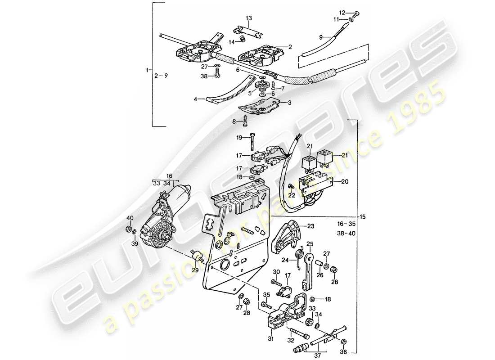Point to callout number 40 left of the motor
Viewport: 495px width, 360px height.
(x=130, y=218)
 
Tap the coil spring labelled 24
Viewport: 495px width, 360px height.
(x=298, y=255)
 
